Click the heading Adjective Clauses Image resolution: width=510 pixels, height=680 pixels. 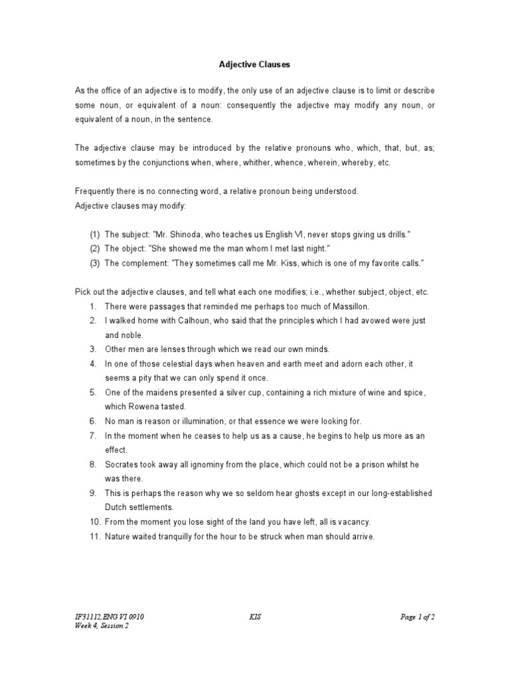click(x=255, y=65)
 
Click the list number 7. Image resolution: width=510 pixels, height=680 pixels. click(x=93, y=436)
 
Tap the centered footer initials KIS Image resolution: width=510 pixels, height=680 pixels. click(x=255, y=617)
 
